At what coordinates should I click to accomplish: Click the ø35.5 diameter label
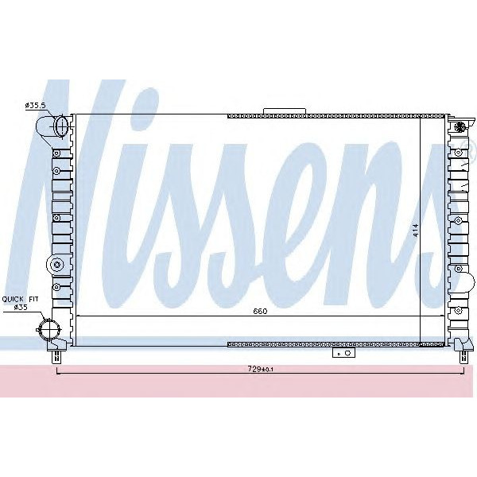[x=36, y=104]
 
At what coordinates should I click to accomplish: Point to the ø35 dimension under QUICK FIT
[x=21, y=307]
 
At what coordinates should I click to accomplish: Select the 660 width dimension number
[x=259, y=311]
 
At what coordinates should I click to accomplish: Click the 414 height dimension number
[x=415, y=231]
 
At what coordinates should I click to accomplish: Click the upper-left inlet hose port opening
[x=61, y=126]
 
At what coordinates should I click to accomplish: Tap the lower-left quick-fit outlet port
[x=49, y=328]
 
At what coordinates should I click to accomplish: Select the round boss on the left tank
[x=55, y=265]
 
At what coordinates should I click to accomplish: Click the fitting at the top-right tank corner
[x=459, y=126]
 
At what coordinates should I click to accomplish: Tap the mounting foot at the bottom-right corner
[x=463, y=347]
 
